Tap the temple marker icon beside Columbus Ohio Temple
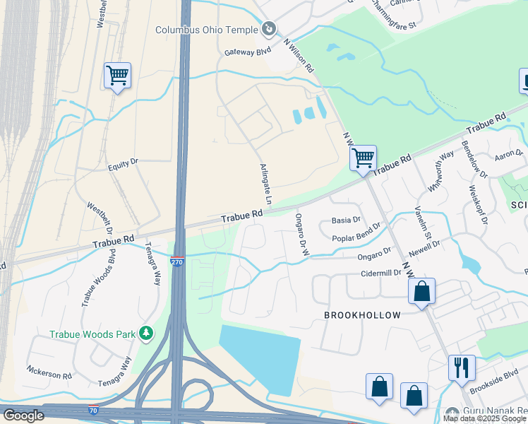tap(268, 29)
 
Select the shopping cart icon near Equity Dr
tap(117, 75)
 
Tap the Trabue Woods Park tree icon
tap(146, 332)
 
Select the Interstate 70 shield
tap(93, 410)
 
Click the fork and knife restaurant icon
tap(462, 367)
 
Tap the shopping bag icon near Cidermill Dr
tap(421, 290)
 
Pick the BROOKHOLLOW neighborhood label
tap(362, 315)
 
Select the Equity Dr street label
tap(123, 164)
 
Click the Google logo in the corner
tap(23, 416)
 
